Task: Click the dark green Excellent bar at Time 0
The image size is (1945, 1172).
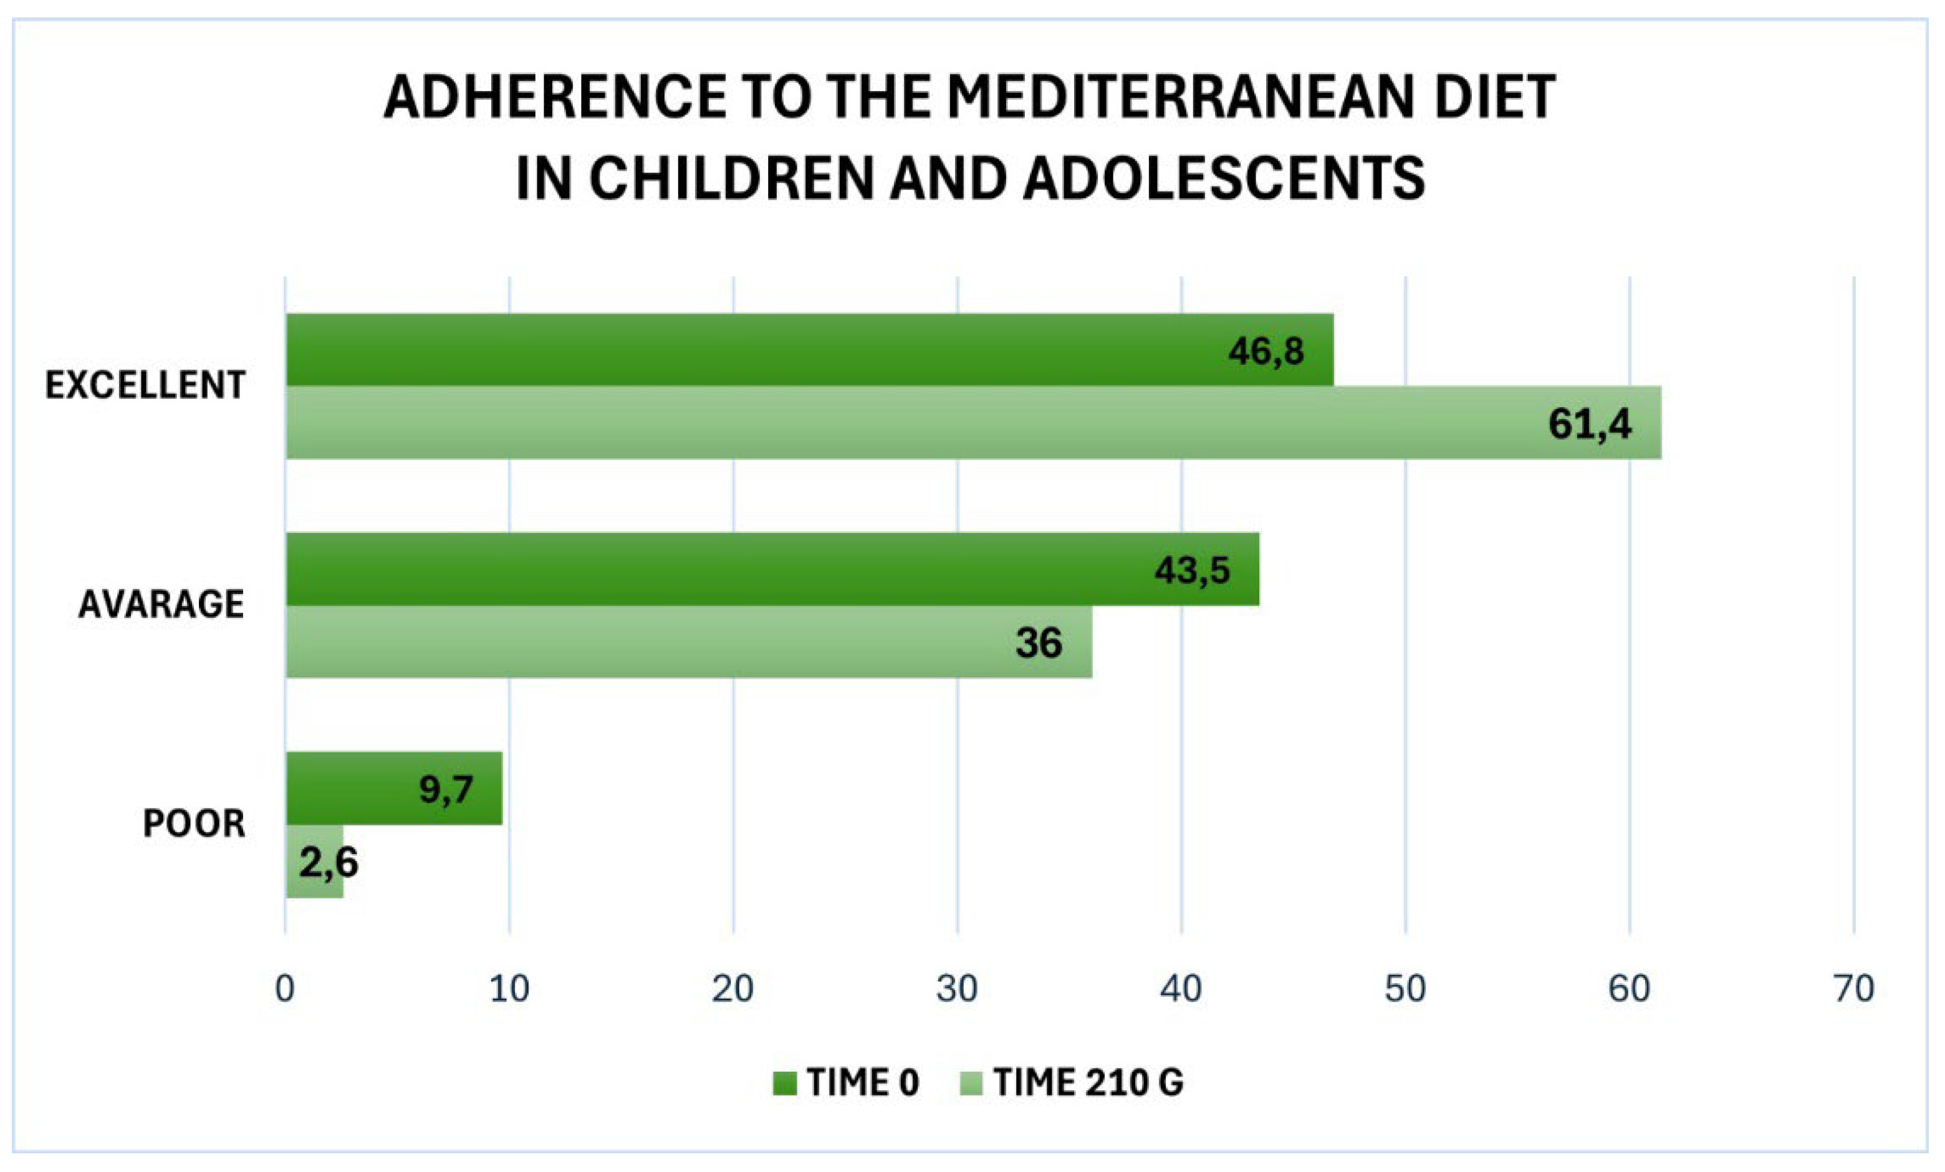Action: click(809, 350)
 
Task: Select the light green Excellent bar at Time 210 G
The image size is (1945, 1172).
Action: click(973, 422)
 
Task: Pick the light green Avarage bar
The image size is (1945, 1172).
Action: click(688, 641)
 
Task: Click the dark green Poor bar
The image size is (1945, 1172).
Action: click(394, 789)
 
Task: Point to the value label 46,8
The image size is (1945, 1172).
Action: click(1266, 351)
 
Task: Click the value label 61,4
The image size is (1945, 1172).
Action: click(1590, 425)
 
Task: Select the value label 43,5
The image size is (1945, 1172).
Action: click(1192, 570)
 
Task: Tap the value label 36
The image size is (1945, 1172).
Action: click(1039, 643)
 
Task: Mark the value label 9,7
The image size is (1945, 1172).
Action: click(446, 789)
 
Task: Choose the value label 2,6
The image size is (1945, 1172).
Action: click(329, 863)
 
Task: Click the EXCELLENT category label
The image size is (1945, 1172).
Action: click(145, 385)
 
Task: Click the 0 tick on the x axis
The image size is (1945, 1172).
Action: click(285, 989)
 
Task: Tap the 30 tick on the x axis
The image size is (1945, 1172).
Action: click(958, 989)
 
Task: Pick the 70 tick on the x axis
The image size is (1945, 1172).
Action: click(1853, 989)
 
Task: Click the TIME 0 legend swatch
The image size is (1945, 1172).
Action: click(785, 1083)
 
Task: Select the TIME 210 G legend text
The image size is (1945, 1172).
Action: click(1088, 1083)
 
